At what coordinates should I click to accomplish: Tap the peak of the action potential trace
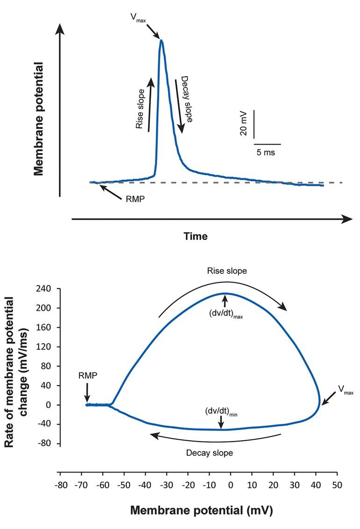click(162, 40)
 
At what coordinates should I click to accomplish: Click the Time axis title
click(195, 236)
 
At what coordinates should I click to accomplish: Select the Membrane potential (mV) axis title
click(201, 510)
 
